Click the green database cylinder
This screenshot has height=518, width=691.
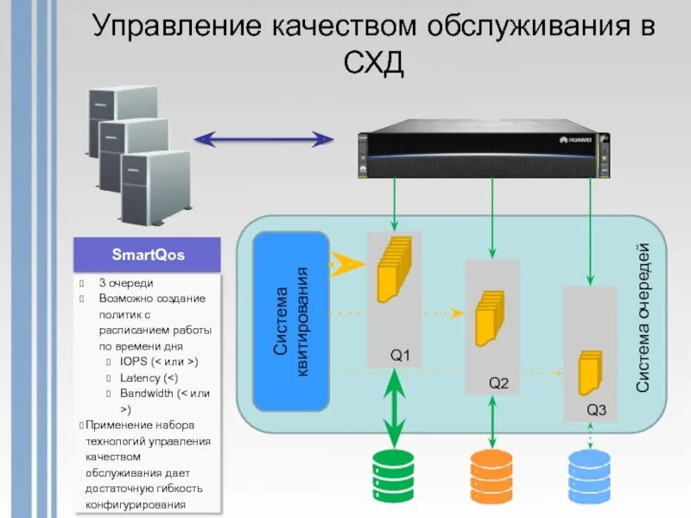pyautogui.click(x=394, y=477)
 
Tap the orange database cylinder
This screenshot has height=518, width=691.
pyautogui.click(x=491, y=477)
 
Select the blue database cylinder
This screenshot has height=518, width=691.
pyautogui.click(x=590, y=477)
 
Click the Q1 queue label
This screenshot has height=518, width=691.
pyautogui.click(x=400, y=355)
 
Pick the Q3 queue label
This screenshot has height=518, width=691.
pyautogui.click(x=597, y=410)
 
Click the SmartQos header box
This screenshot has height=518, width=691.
pyautogui.click(x=148, y=256)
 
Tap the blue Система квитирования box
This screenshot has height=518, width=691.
pyautogui.click(x=291, y=321)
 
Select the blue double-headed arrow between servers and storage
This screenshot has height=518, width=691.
pyautogui.click(x=263, y=138)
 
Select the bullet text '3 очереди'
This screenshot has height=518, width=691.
pyautogui.click(x=126, y=282)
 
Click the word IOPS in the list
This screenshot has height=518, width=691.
pyautogui.click(x=133, y=362)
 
